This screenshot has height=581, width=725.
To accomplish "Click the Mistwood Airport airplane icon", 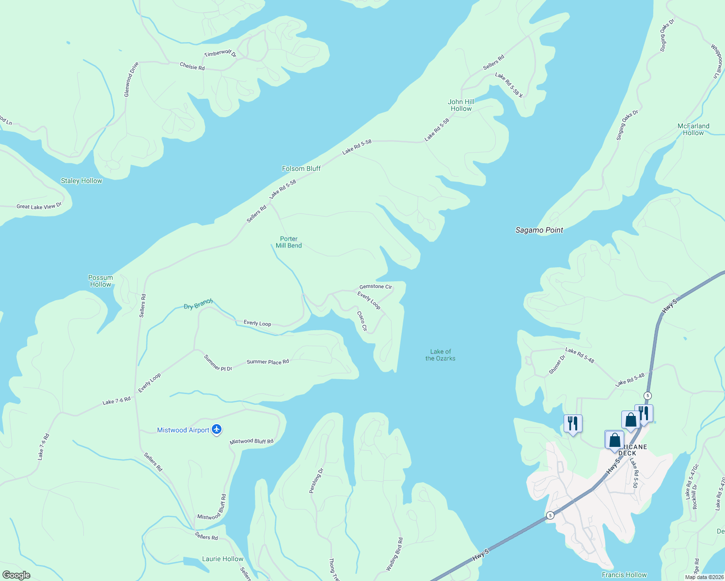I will click(x=217, y=429).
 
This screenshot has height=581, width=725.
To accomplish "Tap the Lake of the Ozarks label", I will click(x=440, y=355).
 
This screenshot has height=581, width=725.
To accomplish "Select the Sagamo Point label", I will click(x=539, y=230).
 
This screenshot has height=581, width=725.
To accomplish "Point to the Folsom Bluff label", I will click(x=301, y=168).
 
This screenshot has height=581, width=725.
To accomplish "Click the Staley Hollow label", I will click(x=81, y=181).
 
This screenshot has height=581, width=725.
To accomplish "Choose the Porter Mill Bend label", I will click(x=289, y=242).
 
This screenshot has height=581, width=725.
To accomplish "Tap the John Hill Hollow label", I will click(x=461, y=105).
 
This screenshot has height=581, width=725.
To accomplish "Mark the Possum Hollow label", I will click(x=101, y=281).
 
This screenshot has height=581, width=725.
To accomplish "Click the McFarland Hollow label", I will click(x=693, y=129).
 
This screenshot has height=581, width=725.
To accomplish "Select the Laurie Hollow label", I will click(x=222, y=559).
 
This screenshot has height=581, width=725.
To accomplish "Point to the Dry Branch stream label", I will click(x=198, y=305).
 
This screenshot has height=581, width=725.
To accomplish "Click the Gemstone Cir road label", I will click(x=376, y=287).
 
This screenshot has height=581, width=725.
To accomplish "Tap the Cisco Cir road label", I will click(x=362, y=321).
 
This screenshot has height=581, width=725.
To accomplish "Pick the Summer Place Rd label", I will click(x=268, y=362).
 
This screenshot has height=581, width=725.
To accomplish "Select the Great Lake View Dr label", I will click(x=39, y=206).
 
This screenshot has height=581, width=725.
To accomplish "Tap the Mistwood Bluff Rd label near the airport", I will click(x=252, y=441).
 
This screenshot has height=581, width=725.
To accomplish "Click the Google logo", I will click(x=16, y=575).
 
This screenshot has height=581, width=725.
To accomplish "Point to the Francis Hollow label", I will click(x=624, y=575).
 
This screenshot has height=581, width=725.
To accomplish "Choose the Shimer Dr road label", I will click(x=557, y=365).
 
